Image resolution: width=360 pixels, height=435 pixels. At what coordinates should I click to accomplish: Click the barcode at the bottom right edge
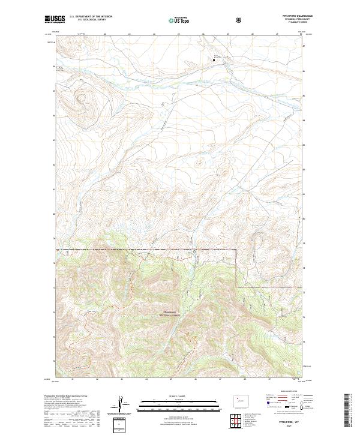pos(346,411)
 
